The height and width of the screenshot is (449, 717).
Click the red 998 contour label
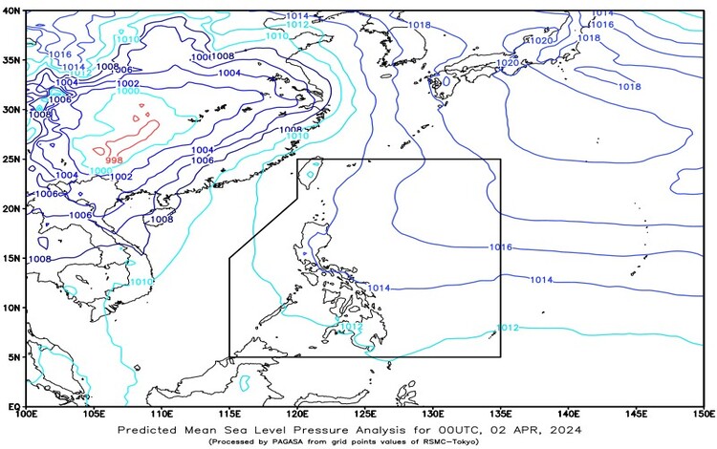[115, 160]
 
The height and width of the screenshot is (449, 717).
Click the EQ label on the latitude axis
[12, 407]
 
